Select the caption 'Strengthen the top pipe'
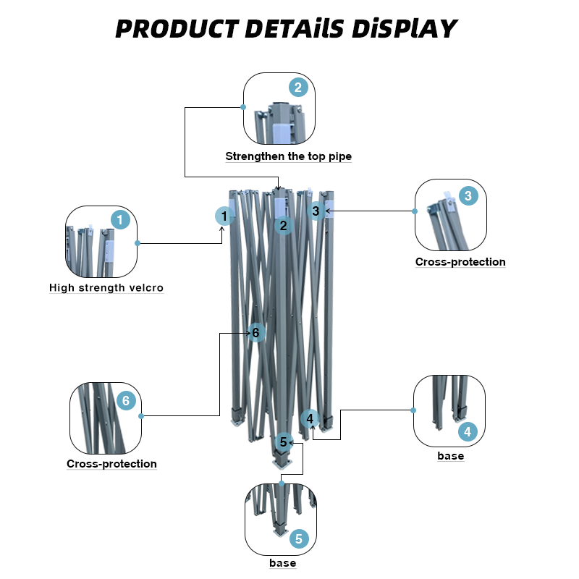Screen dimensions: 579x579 point(288,156)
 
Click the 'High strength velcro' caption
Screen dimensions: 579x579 point(106,288)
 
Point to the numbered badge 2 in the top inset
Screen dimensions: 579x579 point(299,88)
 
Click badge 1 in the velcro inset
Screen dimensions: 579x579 point(120,219)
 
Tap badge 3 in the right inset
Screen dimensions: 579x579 point(468,195)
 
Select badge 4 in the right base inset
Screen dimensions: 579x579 point(468,433)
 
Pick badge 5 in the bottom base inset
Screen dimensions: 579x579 point(299,539)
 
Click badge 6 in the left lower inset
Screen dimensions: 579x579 point(125,400)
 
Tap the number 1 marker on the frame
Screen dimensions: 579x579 point(225,216)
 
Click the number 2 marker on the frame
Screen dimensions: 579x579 point(284,226)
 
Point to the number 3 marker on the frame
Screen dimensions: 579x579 point(316,211)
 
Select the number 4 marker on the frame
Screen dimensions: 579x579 point(310,418)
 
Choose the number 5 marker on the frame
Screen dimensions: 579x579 point(283,441)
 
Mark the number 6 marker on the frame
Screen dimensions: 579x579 point(255,333)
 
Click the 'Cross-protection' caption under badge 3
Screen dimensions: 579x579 point(460,262)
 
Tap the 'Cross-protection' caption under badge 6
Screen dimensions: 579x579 point(111,464)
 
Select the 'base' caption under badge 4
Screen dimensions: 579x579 point(450,457)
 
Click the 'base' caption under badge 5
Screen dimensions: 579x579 point(282,563)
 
